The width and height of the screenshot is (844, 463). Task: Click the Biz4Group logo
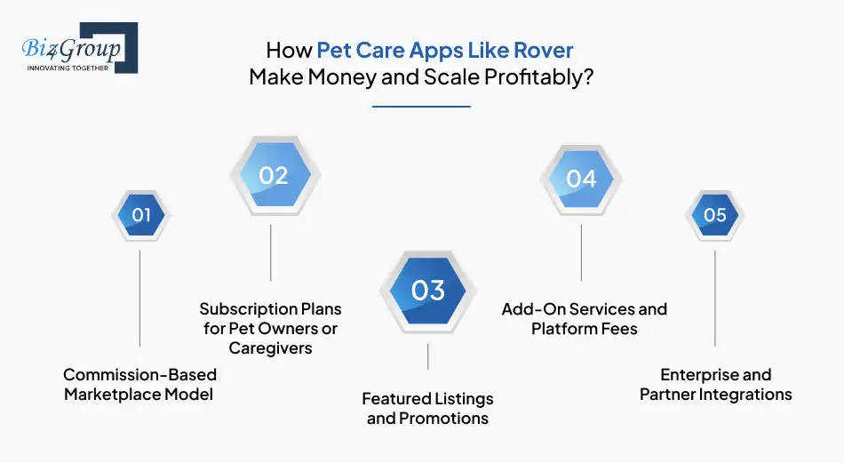click(x=79, y=49)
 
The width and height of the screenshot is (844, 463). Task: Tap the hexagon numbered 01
click(x=140, y=215)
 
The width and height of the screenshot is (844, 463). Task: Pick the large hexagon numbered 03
click(x=428, y=291)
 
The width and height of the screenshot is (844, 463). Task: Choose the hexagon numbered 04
click(x=581, y=179)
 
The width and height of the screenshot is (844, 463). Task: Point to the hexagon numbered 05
click(x=714, y=215)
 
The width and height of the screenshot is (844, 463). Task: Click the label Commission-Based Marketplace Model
click(x=139, y=384)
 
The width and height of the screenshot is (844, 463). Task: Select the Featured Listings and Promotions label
click(x=427, y=408)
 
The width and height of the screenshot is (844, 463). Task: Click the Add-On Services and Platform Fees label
click(x=584, y=318)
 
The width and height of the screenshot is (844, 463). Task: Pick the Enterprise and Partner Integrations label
click(x=715, y=384)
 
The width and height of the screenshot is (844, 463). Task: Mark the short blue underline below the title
click(x=421, y=107)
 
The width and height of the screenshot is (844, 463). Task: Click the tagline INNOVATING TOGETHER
click(x=68, y=68)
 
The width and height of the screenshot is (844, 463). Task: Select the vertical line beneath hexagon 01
click(x=140, y=298)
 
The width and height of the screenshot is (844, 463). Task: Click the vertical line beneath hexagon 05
click(x=714, y=298)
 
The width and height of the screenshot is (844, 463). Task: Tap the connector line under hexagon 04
click(x=581, y=252)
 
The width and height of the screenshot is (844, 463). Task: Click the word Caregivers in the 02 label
click(x=270, y=348)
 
